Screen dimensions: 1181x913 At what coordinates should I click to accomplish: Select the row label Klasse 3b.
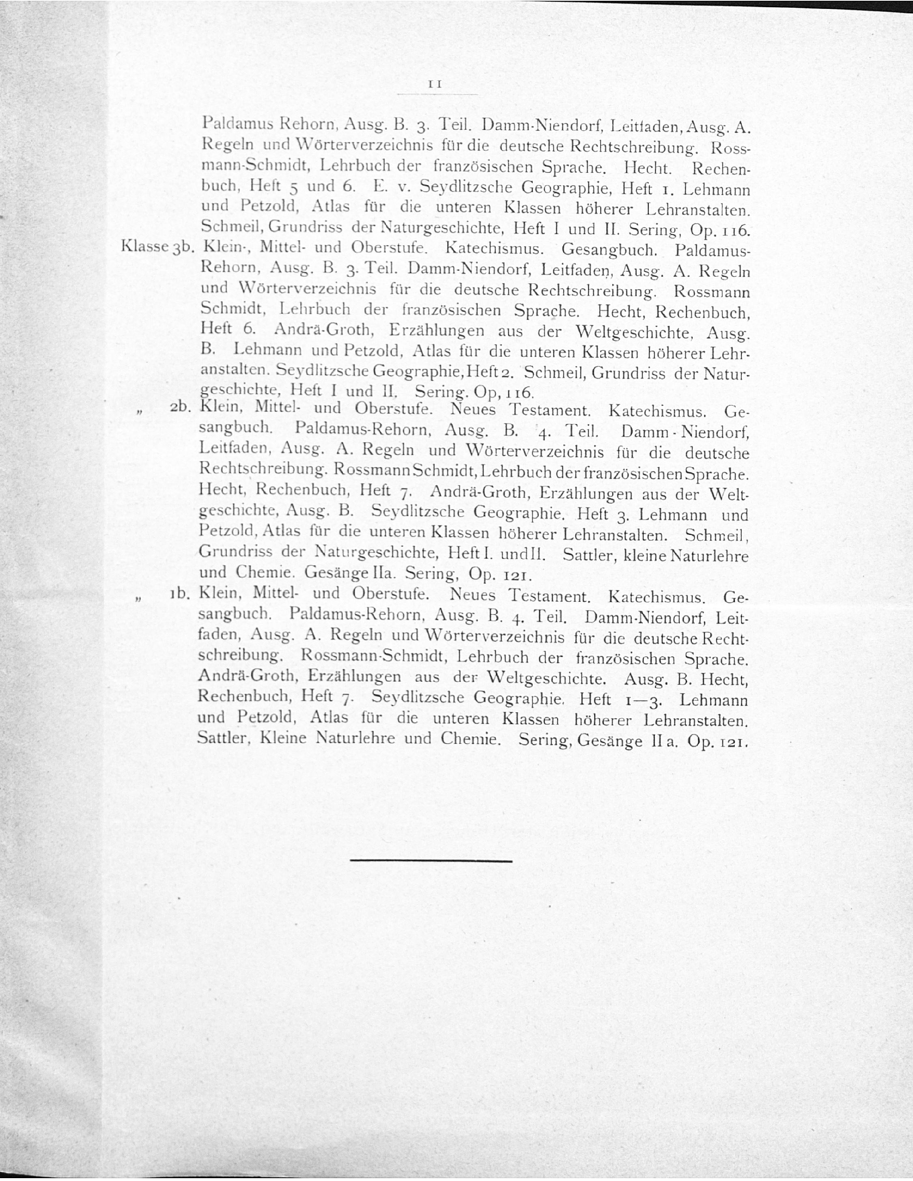click(157, 247)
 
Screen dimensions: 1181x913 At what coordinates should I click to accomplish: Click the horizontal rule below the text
click(431, 860)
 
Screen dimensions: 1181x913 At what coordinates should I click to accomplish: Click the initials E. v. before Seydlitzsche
click(389, 187)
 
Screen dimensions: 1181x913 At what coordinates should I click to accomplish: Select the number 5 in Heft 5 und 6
click(293, 188)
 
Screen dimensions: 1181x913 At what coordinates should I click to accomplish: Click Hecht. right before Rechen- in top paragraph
click(648, 168)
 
